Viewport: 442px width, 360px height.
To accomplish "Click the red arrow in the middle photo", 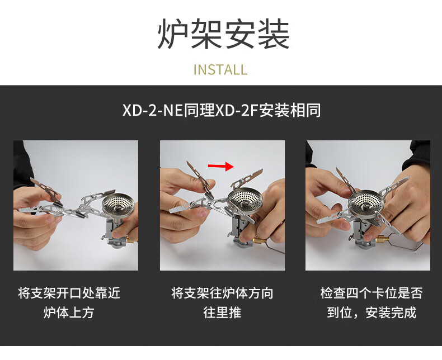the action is click(x=221, y=166).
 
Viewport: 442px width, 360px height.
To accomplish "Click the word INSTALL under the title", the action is click(x=220, y=70).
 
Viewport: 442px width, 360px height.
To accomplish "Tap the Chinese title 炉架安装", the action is click(x=223, y=34).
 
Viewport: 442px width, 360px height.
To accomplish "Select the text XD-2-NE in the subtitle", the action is click(x=153, y=110).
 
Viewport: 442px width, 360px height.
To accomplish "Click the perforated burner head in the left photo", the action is click(x=119, y=204).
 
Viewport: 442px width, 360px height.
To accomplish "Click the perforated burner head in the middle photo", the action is click(x=245, y=200).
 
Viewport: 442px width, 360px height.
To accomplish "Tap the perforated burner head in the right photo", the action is click(x=366, y=204).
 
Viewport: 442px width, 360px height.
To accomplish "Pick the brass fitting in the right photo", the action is click(x=382, y=239).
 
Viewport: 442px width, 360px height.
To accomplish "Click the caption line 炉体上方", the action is click(x=69, y=312).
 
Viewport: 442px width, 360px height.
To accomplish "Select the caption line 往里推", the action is click(x=222, y=312).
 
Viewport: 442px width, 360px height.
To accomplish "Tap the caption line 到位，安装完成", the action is click(x=372, y=312).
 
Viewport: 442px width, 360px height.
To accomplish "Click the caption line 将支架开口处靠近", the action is click(x=69, y=293).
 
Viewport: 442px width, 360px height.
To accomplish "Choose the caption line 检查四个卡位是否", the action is click(x=372, y=293).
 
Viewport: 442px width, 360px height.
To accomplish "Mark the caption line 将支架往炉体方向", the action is click(x=222, y=293).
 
